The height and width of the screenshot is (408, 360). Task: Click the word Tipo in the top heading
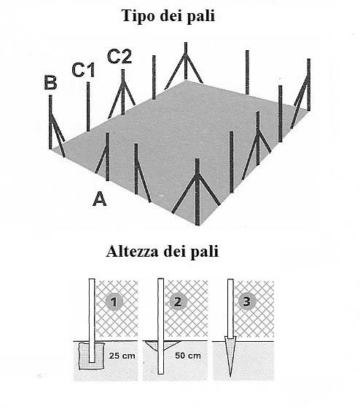138,16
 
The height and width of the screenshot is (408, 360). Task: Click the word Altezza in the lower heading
133,252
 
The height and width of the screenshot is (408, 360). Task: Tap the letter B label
50,82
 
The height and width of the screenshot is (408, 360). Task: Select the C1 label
83,70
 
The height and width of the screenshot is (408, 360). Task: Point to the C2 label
120,57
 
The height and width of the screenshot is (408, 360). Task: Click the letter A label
100,199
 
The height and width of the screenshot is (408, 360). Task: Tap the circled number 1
114,302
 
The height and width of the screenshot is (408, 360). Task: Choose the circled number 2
178,302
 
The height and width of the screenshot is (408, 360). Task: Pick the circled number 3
246,301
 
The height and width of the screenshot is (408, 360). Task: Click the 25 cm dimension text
122,356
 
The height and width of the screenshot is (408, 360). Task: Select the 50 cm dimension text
188,356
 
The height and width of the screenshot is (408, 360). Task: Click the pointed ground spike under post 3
230,356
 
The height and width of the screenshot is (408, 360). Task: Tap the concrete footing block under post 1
92,356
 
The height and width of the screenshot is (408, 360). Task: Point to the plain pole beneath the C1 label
88,107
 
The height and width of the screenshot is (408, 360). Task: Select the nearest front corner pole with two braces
197,192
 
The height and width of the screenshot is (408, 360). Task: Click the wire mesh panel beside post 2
186,308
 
